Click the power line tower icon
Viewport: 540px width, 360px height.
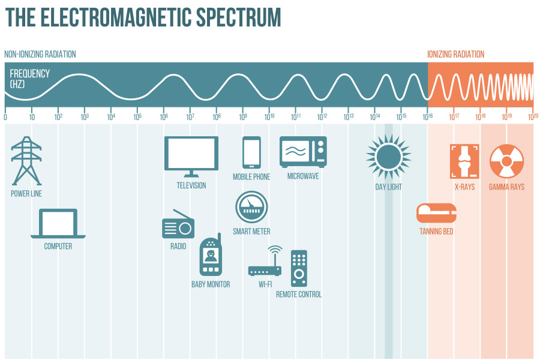pos(26,161)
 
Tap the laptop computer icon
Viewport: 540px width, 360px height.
pos(58,224)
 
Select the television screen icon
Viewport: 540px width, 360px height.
pos(191,157)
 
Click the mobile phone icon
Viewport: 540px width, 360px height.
pos(251,152)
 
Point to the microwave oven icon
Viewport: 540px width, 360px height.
pos(303,152)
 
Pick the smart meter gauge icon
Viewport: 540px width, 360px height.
pos(251,207)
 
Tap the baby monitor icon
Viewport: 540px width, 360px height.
pos(211,254)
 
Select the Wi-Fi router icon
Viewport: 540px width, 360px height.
pos(265,261)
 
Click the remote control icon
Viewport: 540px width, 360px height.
pos(299,268)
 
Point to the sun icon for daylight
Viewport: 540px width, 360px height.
pos(388,157)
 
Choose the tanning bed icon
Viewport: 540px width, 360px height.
pos(436,213)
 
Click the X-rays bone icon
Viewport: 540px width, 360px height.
pos(464,161)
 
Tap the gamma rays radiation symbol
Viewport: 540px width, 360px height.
pos(506,161)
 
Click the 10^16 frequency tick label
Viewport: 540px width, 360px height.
pos(428,117)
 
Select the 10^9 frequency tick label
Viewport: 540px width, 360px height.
pos(243,117)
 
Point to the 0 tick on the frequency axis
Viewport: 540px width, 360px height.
pos(5,117)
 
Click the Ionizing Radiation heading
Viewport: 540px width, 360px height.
pos(455,54)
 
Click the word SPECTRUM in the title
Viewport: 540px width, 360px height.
pos(238,17)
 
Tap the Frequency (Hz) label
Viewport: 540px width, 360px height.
pos(29,79)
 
